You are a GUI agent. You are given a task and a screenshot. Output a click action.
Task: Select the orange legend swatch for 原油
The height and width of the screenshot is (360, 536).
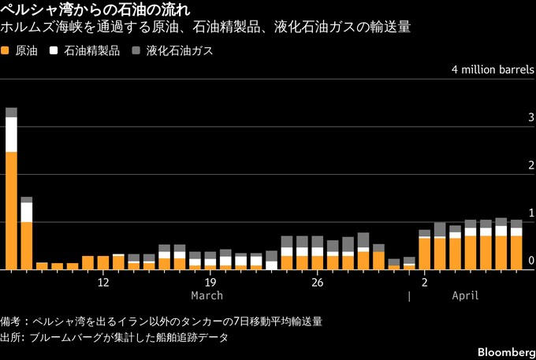pos(6,50)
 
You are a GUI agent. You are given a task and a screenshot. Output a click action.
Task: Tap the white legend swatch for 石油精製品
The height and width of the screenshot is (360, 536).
pos(54,50)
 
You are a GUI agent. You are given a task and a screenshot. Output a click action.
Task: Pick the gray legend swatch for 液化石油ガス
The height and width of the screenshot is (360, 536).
pos(136,50)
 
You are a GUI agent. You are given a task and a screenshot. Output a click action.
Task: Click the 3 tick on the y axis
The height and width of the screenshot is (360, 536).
pos(531,118)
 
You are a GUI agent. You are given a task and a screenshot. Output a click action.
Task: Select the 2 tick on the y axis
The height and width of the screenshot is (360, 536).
pos(531,166)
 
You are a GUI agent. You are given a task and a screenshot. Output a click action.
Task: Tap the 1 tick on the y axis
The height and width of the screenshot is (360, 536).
pos(531,213)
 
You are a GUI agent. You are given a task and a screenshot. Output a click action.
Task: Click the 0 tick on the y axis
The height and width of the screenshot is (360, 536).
pos(531,262)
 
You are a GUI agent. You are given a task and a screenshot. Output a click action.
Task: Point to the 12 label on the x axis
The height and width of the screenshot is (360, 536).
pos(103,282)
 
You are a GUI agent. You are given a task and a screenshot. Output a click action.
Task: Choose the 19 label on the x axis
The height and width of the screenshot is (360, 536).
pos(210,282)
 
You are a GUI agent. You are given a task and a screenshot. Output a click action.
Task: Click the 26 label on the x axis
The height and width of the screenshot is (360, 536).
pos(317,282)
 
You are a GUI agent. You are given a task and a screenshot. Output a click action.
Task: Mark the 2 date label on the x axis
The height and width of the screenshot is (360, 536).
pos(424,282)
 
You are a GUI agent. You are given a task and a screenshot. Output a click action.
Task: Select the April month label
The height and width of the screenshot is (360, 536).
pos(465,295)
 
